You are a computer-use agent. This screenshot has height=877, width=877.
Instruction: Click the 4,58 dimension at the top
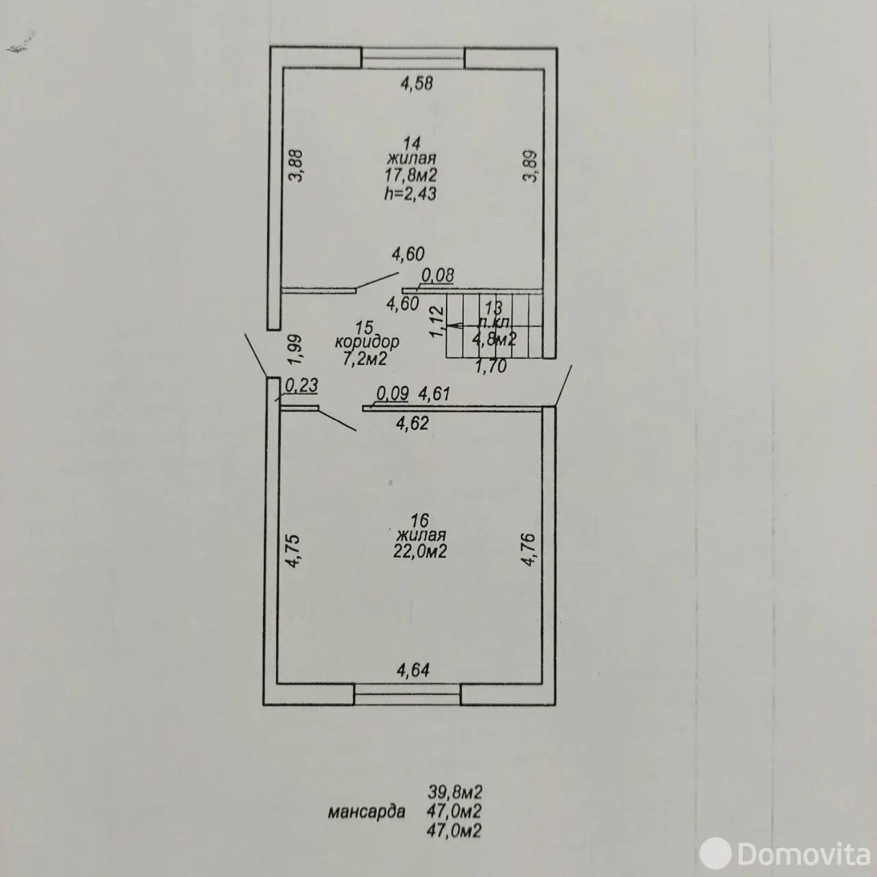pyautogui.click(x=417, y=84)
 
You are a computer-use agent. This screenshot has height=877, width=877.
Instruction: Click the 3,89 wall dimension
pyautogui.click(x=531, y=166)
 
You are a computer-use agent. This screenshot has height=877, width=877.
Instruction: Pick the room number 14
pyautogui.click(x=411, y=144)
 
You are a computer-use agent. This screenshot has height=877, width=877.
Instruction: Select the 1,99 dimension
pyautogui.click(x=295, y=351)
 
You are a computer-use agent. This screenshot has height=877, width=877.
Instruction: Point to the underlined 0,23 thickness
pyautogui.click(x=301, y=386)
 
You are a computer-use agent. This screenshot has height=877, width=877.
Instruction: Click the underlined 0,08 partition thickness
pyautogui.click(x=437, y=275)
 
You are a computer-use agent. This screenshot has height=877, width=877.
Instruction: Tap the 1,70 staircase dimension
pyautogui.click(x=491, y=367)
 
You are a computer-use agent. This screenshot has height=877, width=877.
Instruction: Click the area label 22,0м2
pyautogui.click(x=420, y=552)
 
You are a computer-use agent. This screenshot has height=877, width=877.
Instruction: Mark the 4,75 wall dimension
pyautogui.click(x=293, y=551)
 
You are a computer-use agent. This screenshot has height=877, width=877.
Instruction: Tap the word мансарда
pyautogui.click(x=367, y=812)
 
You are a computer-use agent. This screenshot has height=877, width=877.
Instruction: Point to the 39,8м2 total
pyautogui.click(x=455, y=792)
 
